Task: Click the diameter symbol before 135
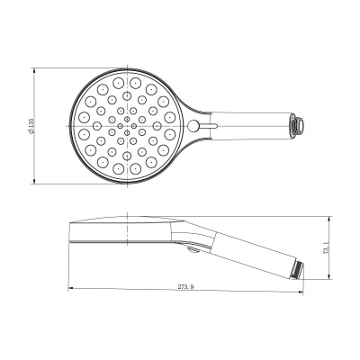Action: (31, 137)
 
